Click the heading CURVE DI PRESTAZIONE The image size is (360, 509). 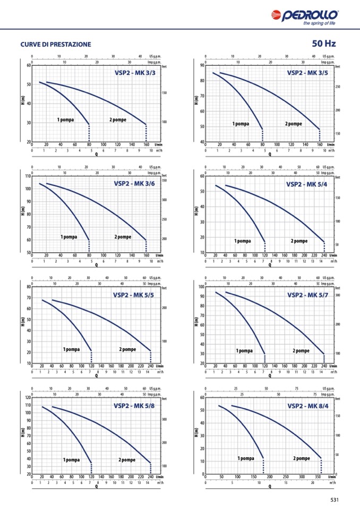coord(55,45)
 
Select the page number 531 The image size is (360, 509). coord(335,499)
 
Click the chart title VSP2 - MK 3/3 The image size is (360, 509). coord(135,73)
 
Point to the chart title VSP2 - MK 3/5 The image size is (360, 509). coord(307,73)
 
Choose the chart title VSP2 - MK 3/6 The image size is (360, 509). coord(134,184)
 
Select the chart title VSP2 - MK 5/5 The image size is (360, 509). coord(133,295)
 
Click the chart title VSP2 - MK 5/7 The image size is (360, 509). coord(307,295)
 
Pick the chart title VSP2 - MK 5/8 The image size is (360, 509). coord(134,406)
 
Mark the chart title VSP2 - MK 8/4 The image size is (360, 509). coord(307,406)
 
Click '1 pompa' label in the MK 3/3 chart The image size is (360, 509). coord(65,119)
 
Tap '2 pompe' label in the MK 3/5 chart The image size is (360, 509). coord(293,124)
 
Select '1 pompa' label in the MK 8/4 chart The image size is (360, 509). coord(245,458)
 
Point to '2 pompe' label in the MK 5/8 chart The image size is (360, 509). coord(127,460)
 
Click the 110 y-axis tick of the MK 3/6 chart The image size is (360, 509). coord(27,176)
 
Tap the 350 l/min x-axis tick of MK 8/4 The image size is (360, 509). coord(318,477)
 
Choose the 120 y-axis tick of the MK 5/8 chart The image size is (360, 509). coord(27,398)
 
